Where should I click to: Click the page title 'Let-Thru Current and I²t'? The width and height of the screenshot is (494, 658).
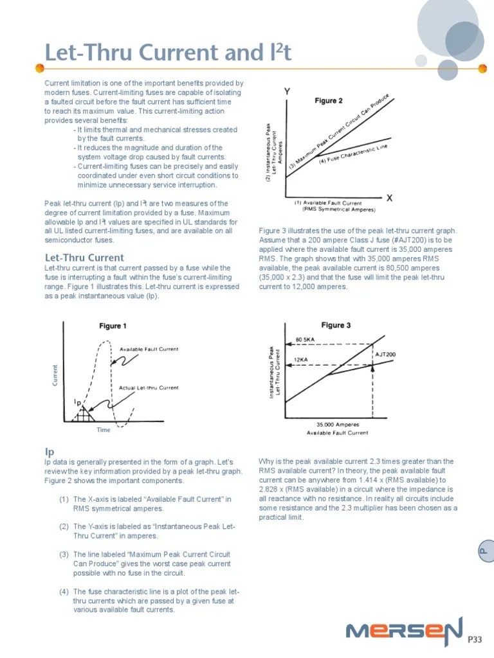tap(167, 53)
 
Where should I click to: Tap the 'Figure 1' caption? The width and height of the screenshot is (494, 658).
tap(113, 326)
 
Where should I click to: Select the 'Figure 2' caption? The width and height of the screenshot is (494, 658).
tap(328, 101)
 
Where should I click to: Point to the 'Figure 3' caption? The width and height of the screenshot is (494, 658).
tap(336, 325)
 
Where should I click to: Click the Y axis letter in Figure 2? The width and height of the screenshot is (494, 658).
tap(287, 92)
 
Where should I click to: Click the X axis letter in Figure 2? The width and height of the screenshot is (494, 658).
tap(389, 198)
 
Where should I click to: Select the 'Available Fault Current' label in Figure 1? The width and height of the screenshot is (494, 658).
tap(149, 349)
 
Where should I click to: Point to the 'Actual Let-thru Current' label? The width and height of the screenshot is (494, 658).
tap(149, 387)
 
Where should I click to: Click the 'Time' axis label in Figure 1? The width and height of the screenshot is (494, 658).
tap(104, 430)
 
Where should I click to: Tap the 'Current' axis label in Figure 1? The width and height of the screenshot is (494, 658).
tap(55, 375)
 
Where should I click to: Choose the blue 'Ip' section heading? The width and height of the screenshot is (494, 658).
tap(48, 452)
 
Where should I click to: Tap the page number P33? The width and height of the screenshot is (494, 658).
tap(475, 639)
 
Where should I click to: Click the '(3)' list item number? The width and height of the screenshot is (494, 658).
tap(64, 554)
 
